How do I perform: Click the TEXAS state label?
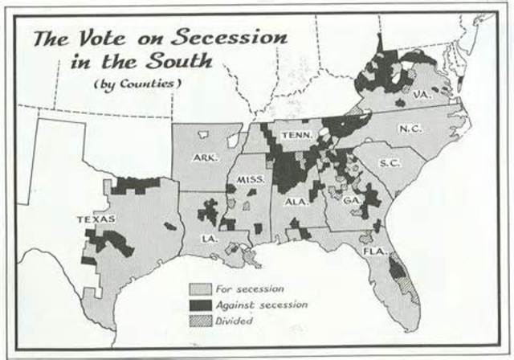click(x=95, y=219)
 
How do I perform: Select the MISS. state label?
click(x=251, y=180)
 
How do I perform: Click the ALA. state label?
click(x=296, y=202)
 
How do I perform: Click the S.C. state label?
click(x=390, y=162)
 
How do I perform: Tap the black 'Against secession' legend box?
click(x=200, y=305)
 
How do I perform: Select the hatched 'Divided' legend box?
click(x=200, y=320)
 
